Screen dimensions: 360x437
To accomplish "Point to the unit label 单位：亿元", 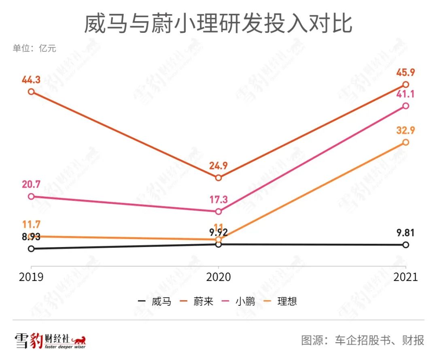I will [34, 49].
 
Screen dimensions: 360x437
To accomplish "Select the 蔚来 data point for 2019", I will [31, 92].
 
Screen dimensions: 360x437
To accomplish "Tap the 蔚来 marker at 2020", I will [218, 178].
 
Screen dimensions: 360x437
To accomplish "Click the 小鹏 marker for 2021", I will [406, 106].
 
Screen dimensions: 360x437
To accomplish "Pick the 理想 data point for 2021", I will [406, 142].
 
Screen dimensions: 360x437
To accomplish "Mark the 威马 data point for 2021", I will [406, 245].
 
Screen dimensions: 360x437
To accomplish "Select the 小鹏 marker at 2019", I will [31, 196].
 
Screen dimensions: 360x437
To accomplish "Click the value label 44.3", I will [31, 80].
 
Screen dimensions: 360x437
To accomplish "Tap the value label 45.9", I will [406, 73].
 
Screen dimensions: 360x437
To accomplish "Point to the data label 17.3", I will [218, 200].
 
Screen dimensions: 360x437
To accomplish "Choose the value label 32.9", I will [406, 131].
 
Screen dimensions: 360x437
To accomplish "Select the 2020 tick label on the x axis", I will [218, 277].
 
